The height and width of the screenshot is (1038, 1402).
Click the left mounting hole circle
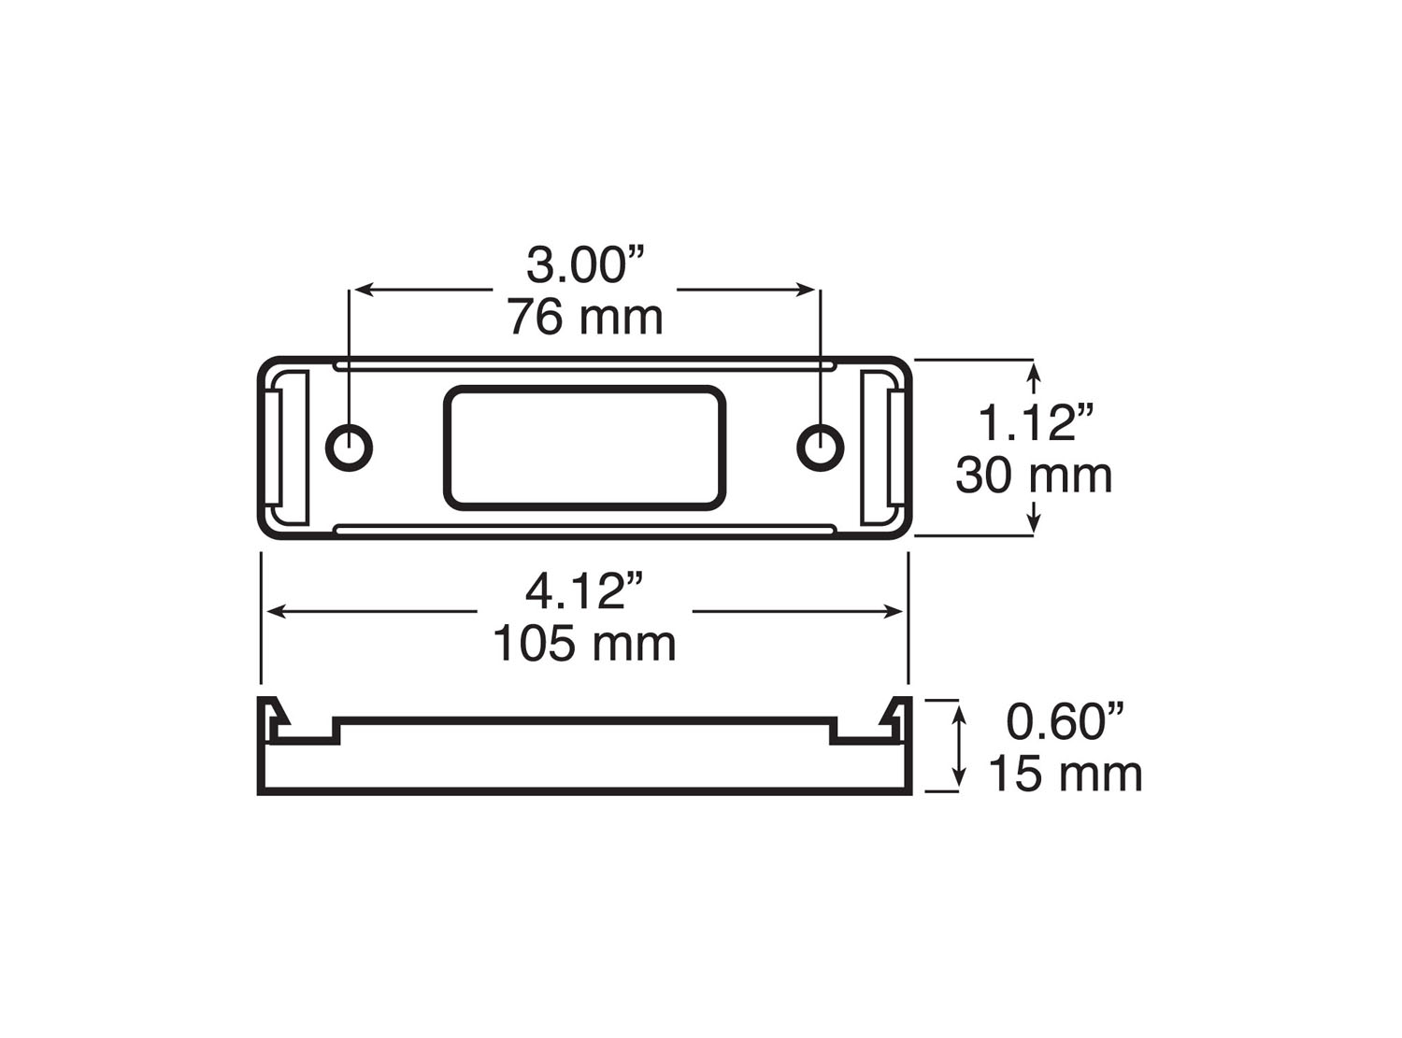click(349, 447)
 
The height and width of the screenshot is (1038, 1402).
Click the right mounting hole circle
click(820, 447)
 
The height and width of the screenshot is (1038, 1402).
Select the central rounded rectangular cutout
click(585, 448)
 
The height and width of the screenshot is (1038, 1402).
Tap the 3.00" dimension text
click(588, 265)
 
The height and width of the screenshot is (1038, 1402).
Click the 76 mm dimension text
click(586, 318)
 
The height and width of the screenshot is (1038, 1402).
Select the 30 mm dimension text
click(1034, 476)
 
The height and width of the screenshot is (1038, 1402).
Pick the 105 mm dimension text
click(584, 644)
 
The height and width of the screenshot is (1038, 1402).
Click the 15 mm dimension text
click(1065, 775)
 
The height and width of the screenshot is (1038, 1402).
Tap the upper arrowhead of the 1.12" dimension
click(1033, 375)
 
